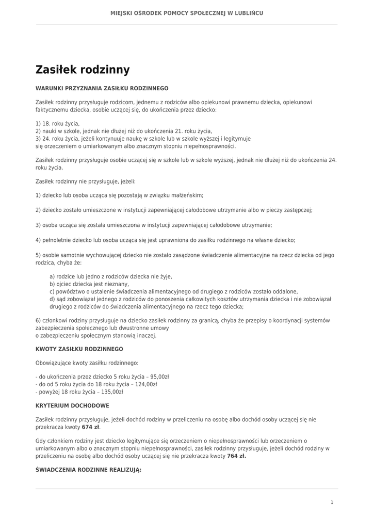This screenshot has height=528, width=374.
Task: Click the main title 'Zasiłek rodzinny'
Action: (83, 70)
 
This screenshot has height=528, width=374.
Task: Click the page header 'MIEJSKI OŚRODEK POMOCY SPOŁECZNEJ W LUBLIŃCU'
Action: (187, 13)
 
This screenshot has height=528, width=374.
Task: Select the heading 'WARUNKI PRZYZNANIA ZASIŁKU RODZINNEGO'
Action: (102, 88)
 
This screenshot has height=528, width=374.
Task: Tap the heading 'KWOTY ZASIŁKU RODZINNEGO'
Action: (79, 349)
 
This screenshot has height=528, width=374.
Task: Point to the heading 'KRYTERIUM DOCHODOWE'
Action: (72, 406)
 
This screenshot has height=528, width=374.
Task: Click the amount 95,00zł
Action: (159, 377)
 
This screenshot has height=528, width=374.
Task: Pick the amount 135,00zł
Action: (113, 391)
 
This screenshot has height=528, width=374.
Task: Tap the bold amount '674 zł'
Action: (91, 427)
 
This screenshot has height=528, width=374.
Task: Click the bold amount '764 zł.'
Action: (236, 456)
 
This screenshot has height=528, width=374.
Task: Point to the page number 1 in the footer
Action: (332, 502)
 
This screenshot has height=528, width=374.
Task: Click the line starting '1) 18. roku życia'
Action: (58, 124)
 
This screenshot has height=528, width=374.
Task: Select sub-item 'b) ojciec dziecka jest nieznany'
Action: (89, 284)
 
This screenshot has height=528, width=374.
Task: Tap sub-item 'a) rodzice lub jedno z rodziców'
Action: (110, 277)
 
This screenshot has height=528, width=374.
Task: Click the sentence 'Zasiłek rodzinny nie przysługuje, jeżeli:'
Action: (85, 181)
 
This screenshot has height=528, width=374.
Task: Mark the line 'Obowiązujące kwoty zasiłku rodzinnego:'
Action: (87, 363)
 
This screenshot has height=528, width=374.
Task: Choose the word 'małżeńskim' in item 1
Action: (188, 195)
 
